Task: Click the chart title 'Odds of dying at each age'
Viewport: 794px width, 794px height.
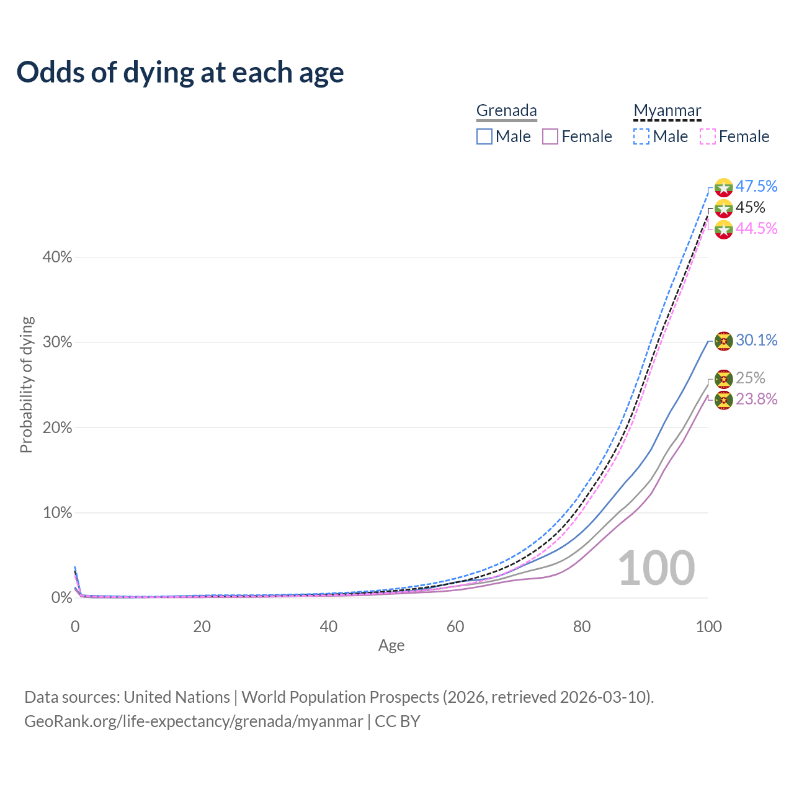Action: (180, 73)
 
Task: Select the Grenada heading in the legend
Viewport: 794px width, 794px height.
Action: (506, 110)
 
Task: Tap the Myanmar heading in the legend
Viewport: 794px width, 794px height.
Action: (667, 110)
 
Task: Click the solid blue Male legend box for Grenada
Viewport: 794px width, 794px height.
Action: (484, 136)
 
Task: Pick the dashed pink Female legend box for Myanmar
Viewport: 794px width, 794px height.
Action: (708, 136)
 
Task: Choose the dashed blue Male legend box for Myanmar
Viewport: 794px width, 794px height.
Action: (641, 136)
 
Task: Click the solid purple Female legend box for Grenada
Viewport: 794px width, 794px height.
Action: (550, 136)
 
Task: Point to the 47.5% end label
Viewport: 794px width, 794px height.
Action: (756, 186)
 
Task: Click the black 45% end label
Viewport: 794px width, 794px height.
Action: (750, 207)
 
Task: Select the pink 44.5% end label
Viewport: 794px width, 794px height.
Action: (756, 228)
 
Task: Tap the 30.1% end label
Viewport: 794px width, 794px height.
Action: (756, 340)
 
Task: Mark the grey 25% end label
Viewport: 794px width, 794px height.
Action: (750, 378)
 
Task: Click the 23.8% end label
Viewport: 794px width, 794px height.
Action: (756, 399)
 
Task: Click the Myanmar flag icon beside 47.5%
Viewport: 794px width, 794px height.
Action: (724, 187)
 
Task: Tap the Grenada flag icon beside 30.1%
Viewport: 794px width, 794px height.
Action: (724, 341)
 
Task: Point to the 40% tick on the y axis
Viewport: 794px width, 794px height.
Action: (57, 257)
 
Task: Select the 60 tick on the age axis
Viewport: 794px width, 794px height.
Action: (455, 627)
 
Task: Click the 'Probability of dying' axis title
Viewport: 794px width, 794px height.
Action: (26, 385)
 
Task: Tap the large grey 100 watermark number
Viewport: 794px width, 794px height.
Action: (656, 568)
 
